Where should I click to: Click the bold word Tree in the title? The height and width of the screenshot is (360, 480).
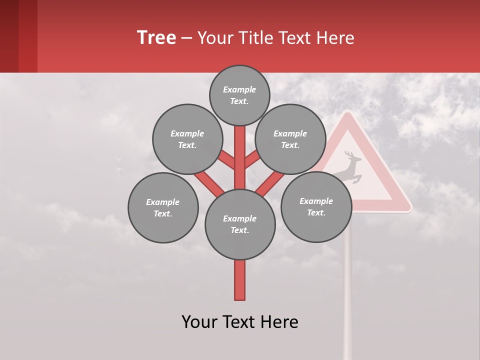coord(156,38)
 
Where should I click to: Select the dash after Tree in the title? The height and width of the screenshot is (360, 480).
coord(186,38)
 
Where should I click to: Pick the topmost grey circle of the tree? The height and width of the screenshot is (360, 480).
coord(239,95)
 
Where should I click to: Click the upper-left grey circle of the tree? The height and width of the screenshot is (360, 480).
coord(187,139)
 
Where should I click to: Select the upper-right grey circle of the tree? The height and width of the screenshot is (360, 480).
coord(290,139)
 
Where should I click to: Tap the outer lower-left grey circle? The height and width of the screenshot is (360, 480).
coord(163,207)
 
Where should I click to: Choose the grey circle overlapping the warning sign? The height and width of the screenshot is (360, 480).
coord(316,206)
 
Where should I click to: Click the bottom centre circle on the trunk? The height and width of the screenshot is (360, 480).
coord(240,224)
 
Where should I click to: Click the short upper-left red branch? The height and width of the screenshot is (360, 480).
coord(226,160)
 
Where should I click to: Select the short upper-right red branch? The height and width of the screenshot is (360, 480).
coord(252,160)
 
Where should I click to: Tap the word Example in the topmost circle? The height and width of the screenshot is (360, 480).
coord(239,89)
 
